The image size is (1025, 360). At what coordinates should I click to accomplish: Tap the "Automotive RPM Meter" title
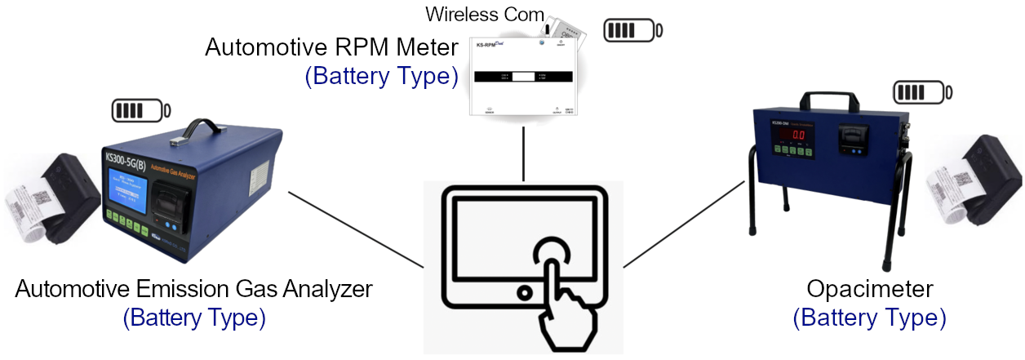[331, 47]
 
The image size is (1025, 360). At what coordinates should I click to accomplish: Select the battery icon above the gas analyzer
[140, 109]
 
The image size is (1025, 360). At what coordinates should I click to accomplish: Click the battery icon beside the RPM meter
[632, 30]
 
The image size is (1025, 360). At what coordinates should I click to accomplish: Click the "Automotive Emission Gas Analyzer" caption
[193, 289]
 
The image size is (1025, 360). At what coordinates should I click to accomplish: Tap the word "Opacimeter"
[870, 289]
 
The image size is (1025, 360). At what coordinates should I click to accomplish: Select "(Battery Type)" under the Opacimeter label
[870, 317]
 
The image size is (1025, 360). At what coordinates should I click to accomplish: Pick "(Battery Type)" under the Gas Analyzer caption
[193, 317]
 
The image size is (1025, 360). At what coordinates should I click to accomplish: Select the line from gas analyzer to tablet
[356, 230]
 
